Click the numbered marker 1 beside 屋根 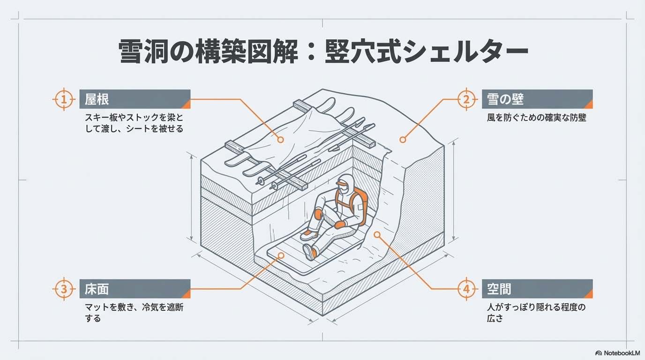coord(64,99)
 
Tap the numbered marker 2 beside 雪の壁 coord(466,99)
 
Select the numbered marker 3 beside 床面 coord(64,289)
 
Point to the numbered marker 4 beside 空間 coord(466,289)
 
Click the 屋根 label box coord(135,99)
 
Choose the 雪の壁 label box coord(537,99)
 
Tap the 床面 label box coord(135,289)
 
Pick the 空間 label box coord(537,289)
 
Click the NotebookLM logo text coord(622,353)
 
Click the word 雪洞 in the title coord(143,52)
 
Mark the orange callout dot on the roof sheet coord(280,140)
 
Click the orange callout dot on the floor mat coord(281,255)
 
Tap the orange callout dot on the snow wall coord(403,140)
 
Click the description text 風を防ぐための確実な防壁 coord(536,118)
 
